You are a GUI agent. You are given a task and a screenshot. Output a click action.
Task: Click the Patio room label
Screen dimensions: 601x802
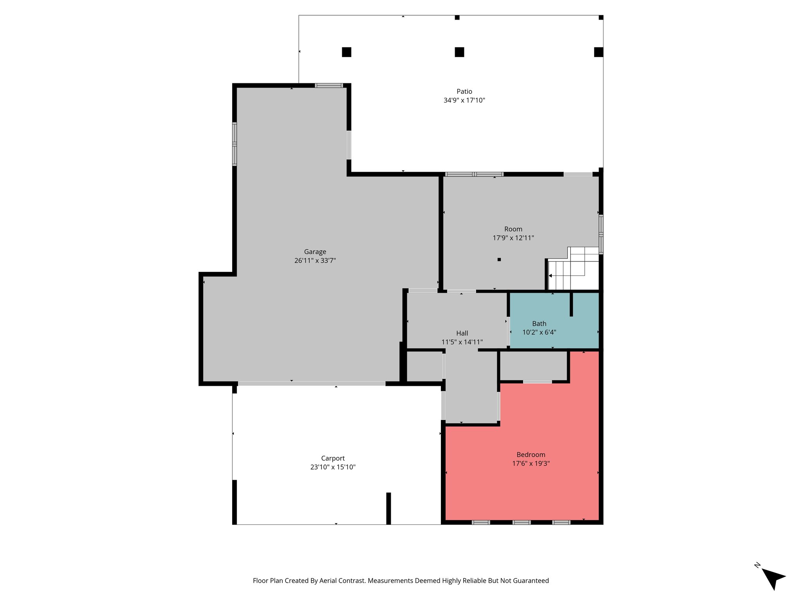464,92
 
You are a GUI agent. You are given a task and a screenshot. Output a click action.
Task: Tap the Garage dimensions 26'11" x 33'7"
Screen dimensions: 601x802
315,261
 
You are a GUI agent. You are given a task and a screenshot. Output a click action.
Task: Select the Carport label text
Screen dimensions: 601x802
333,458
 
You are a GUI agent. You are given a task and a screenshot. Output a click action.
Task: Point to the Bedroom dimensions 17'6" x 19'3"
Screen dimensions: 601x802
531,463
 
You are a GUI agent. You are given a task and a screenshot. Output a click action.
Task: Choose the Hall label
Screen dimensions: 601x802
462,333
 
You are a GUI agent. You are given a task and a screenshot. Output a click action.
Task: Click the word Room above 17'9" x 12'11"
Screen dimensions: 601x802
513,229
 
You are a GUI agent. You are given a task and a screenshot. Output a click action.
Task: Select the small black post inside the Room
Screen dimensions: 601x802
499,259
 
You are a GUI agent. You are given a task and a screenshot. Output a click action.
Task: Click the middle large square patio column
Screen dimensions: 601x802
459,52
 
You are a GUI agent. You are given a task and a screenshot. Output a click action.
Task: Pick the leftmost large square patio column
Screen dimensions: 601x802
346,52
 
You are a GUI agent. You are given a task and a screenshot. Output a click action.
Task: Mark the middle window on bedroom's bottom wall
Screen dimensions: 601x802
522,522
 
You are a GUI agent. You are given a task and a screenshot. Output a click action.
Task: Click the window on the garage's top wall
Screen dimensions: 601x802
329,85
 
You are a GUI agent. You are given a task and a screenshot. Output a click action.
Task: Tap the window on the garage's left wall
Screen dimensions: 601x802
235,144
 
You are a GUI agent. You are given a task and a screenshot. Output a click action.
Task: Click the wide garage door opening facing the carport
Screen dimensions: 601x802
311,384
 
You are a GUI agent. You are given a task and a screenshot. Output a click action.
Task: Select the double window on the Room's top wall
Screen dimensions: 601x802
474,174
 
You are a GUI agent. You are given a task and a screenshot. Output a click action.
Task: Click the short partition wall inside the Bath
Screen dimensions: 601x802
571,304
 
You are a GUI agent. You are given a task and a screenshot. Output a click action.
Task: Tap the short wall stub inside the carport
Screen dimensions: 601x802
388,508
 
